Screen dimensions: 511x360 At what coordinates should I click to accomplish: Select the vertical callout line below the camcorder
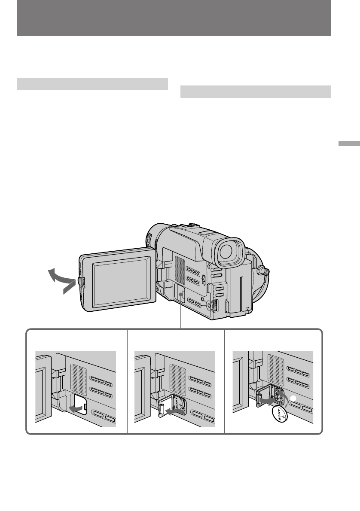(x=181, y=320)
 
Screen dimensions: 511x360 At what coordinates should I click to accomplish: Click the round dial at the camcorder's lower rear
(x=213, y=305)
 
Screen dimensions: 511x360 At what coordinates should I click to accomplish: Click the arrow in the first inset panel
(x=76, y=407)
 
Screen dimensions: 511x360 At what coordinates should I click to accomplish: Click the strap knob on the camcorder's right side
(x=263, y=271)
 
